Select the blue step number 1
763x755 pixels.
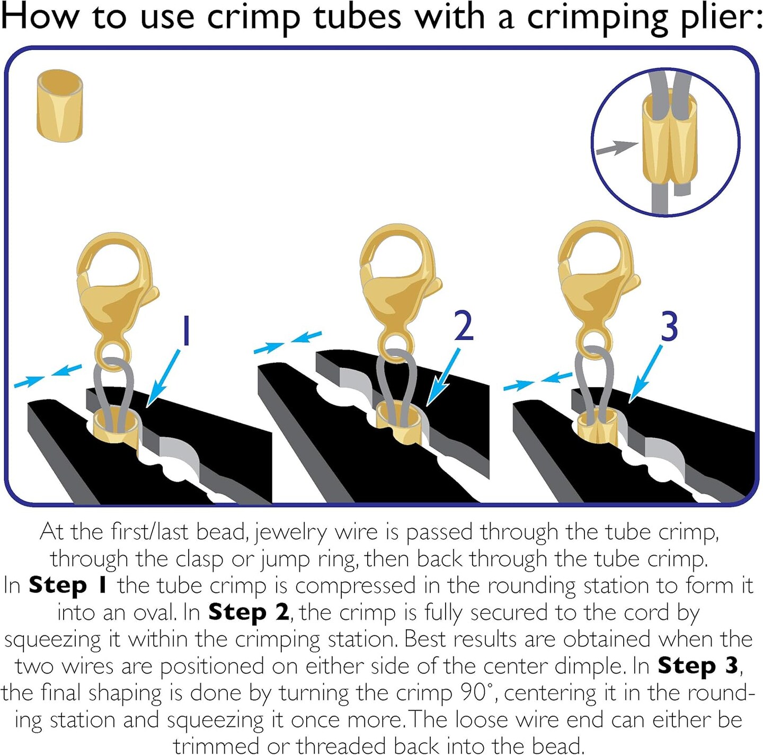185,331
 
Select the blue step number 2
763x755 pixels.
464,326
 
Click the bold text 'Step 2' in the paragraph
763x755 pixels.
249,612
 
